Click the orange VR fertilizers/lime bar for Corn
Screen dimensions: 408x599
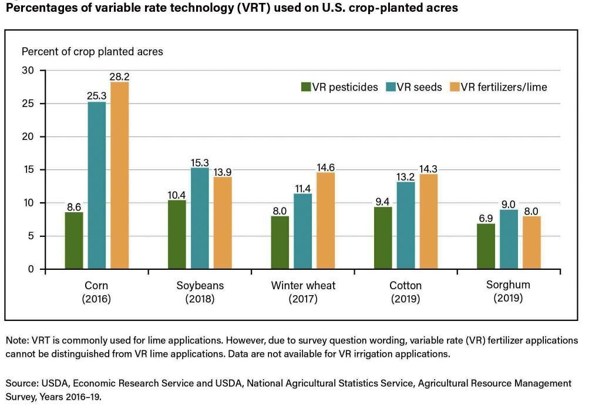pos(119,176)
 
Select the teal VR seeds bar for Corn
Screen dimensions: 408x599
pos(97,185)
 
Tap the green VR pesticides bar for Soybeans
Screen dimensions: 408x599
pos(177,235)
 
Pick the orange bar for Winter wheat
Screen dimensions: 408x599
pos(325,220)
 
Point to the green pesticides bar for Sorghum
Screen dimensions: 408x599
pos(486,246)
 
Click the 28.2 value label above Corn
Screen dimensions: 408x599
pos(120,76)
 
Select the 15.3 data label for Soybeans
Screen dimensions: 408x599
pos(200,162)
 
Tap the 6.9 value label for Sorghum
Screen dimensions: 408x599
pos(486,218)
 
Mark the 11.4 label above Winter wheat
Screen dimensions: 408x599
pos(303,188)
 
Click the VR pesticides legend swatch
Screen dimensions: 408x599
pos(305,87)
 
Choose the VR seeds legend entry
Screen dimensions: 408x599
pos(413,87)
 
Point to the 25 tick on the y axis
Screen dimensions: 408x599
pos(28,103)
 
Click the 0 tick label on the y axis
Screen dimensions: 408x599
pos(32,269)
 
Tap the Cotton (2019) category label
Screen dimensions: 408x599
pos(405,292)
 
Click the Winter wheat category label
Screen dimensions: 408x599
pos(303,286)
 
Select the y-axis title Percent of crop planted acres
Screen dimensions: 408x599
pos(92,52)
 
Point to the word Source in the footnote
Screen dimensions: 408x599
pos(21,383)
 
